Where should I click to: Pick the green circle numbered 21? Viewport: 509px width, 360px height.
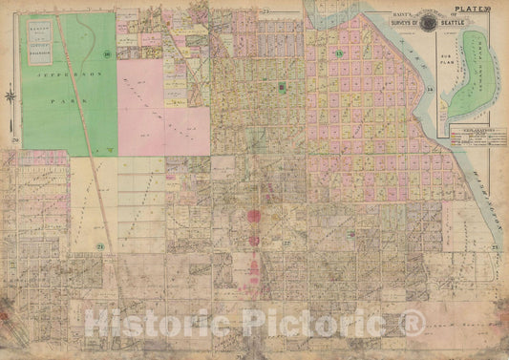coord(100,247)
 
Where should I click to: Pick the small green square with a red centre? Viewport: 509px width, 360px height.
coord(282,88)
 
